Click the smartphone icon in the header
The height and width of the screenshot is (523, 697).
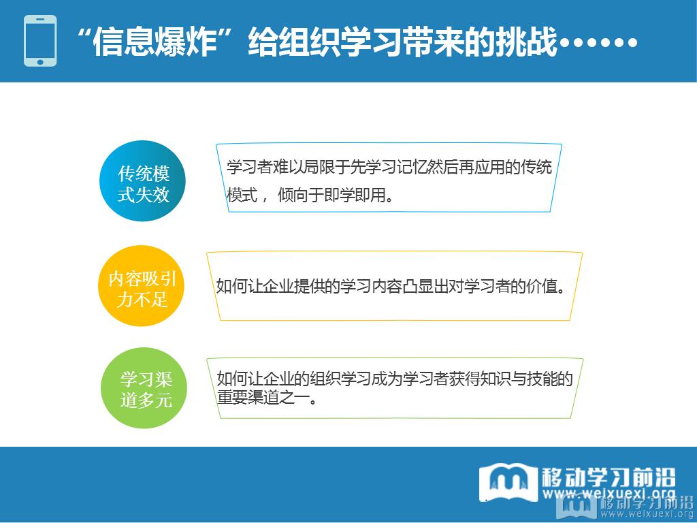click(40, 41)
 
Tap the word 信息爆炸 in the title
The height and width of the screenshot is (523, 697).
click(154, 42)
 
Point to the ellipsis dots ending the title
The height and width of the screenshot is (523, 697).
click(598, 43)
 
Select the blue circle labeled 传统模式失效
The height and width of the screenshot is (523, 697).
click(142, 181)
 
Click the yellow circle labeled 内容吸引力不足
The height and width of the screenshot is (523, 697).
click(141, 286)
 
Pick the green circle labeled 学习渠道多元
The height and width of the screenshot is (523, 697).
click(144, 387)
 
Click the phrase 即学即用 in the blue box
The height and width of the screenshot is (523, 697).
click(355, 195)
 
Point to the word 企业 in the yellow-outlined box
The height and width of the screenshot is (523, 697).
click(278, 287)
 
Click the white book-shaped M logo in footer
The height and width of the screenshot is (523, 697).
click(508, 482)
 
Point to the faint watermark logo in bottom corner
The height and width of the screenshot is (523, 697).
click(578, 507)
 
